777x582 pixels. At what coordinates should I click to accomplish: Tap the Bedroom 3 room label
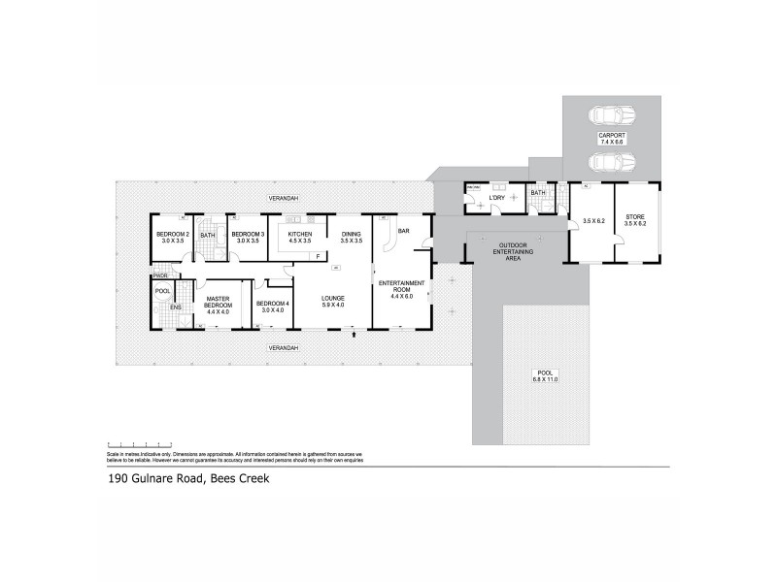(x=246, y=235)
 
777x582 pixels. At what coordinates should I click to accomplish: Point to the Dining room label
(x=351, y=235)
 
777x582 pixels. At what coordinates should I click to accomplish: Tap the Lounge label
(x=333, y=299)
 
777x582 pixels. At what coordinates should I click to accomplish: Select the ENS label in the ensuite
(x=176, y=307)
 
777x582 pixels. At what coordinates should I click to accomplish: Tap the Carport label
(x=611, y=136)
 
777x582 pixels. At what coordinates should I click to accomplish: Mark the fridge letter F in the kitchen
(x=317, y=255)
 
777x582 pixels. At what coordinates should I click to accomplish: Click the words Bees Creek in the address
(x=247, y=479)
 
